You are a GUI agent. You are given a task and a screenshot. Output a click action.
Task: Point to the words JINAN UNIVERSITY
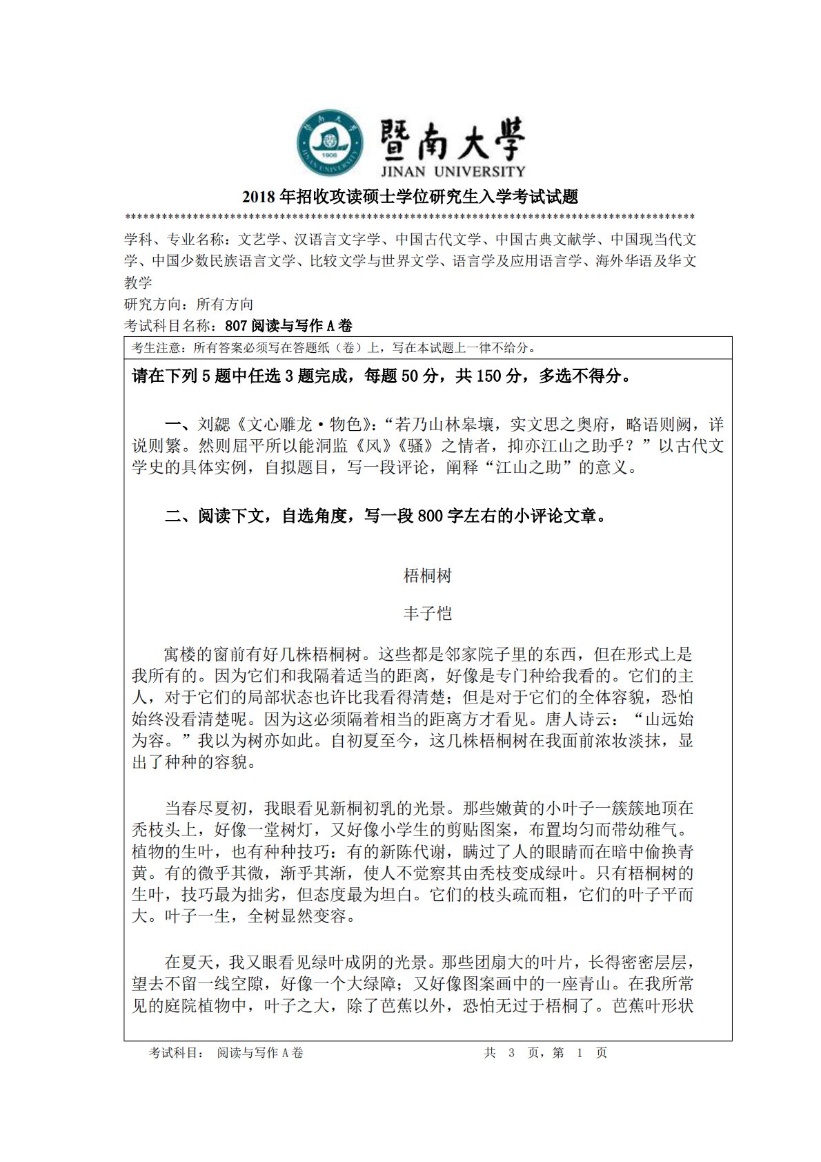(452, 171)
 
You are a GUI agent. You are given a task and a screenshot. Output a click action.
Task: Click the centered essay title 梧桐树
(427, 576)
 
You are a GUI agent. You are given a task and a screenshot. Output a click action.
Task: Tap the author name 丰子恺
(427, 613)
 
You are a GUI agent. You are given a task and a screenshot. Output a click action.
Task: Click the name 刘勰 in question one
(214, 424)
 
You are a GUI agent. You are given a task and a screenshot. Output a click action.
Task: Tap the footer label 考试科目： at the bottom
(177, 1053)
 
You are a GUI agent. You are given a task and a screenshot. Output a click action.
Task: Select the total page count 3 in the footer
(511, 1053)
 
